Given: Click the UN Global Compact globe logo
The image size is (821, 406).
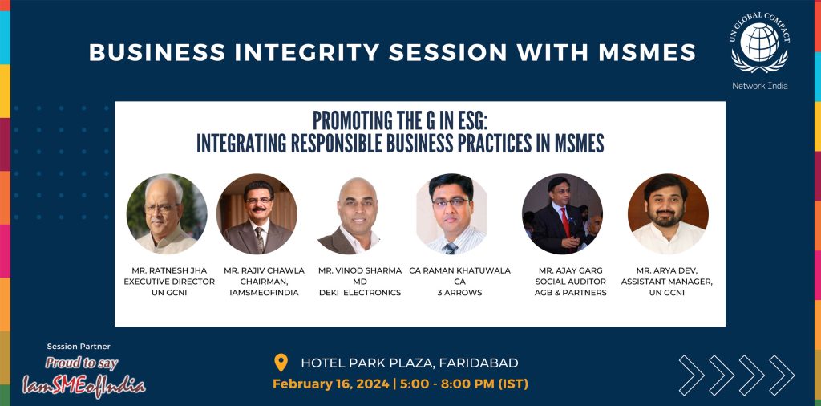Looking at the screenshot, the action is tap(760, 43).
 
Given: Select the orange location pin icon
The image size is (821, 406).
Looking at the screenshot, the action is tap(281, 363).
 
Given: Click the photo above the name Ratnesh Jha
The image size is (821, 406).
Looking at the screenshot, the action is tap(167, 213).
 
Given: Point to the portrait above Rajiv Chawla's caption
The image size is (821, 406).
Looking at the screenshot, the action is tap(257, 213).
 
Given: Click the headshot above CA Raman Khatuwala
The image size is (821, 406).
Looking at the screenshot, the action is tap(451, 213).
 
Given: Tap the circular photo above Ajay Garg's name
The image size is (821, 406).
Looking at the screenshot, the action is tap(562, 213).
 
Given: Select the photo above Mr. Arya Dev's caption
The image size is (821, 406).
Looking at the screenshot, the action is tap(668, 213).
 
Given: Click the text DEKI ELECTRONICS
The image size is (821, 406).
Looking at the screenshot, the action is tap(360, 293).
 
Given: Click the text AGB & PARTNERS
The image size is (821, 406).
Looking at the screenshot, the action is tap(570, 293).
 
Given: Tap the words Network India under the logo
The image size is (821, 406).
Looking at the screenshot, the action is tap(760, 86).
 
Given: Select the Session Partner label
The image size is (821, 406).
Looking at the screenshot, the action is tap(79, 347).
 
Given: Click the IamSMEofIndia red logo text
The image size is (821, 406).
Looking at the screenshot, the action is tap(83, 387).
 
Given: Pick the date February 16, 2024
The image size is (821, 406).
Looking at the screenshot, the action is tap(331, 384).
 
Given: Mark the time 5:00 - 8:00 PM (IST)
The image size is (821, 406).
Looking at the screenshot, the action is tap(464, 384).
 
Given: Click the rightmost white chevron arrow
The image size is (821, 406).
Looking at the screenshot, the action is tap(782, 375).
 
